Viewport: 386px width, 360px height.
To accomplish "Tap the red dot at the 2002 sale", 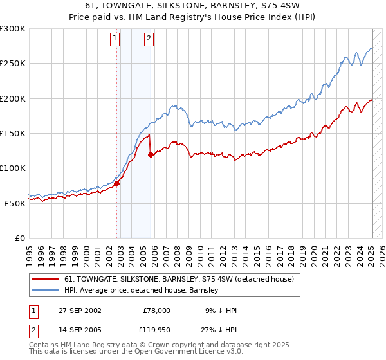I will pos(117,183).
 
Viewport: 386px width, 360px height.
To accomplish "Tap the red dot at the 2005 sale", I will pos(151,154).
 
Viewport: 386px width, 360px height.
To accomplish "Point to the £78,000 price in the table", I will pos(156,310).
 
